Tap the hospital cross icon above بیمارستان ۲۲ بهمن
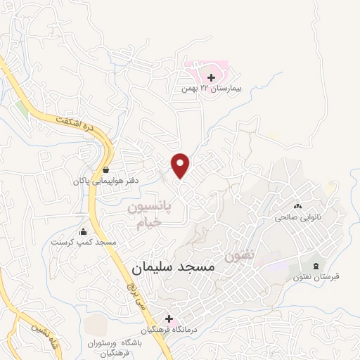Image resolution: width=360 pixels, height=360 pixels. pos(212,77)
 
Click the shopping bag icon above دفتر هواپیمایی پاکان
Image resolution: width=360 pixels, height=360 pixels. pos(105,169)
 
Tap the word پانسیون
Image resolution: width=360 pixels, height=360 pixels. pos(149,209)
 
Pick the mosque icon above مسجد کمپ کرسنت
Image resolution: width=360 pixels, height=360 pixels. pos(84,231)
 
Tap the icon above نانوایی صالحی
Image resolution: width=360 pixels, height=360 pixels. pos(297,206)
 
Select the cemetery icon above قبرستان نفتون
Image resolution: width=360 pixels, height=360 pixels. pos(315,265)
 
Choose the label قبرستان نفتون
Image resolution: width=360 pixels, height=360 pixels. pos(317,277)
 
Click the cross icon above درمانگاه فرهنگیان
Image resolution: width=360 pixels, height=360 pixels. pos(169,319)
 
